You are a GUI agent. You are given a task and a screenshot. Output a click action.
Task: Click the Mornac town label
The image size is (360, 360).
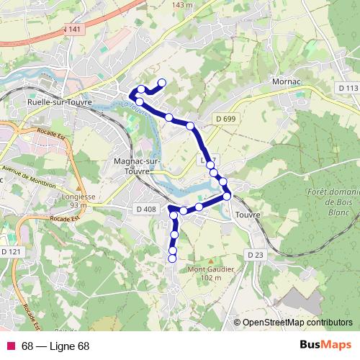287,83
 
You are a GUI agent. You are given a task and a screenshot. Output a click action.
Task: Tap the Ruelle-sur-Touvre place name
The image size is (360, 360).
55,102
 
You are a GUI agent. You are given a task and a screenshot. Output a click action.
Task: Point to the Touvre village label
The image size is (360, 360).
247,215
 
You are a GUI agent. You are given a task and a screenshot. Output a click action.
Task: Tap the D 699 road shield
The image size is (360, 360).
225,118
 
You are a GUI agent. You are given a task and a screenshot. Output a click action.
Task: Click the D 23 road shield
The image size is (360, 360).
256,255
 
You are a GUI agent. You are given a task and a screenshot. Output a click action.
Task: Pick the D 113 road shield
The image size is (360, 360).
346,88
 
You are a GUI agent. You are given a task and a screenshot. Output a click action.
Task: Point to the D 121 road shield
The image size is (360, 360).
11,251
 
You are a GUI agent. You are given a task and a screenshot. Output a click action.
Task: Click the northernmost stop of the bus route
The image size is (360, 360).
162,82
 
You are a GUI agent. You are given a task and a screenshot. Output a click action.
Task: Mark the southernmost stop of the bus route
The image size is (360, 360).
172,258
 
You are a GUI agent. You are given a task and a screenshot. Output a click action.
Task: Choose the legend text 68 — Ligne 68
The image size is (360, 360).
55,346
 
